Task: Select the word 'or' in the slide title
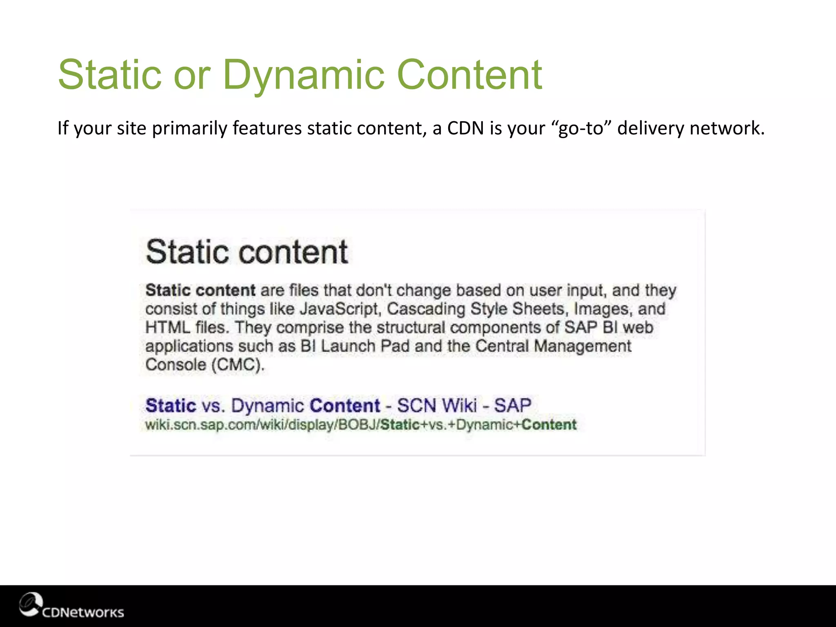[192, 76]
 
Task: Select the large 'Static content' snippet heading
[247, 252]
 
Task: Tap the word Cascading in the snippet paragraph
[426, 309]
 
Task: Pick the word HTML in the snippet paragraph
[168, 328]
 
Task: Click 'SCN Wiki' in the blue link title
[437, 406]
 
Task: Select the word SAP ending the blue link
[512, 406]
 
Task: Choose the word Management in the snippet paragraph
[583, 347]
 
